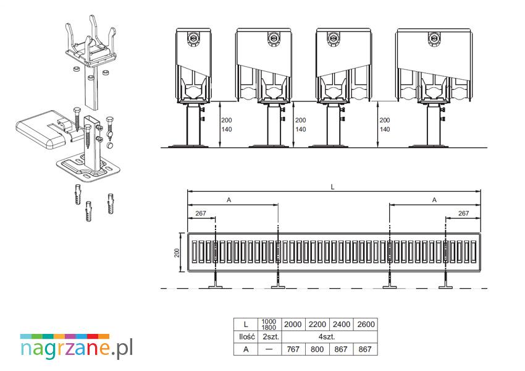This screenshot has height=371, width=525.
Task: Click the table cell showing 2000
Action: tap(293, 325)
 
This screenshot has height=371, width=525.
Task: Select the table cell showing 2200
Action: tap(317, 325)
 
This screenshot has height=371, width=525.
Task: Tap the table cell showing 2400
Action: tap(341, 325)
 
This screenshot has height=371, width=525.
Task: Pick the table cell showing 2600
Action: tap(366, 325)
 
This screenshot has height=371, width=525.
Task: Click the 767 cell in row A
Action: tap(293, 349)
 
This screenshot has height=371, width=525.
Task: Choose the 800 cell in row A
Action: tap(317, 349)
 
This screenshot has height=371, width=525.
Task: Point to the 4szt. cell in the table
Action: tap(329, 337)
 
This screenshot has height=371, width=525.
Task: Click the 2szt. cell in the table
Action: tap(270, 337)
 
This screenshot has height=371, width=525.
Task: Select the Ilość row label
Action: tap(246, 337)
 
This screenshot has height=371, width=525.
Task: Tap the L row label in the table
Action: tap(246, 325)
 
